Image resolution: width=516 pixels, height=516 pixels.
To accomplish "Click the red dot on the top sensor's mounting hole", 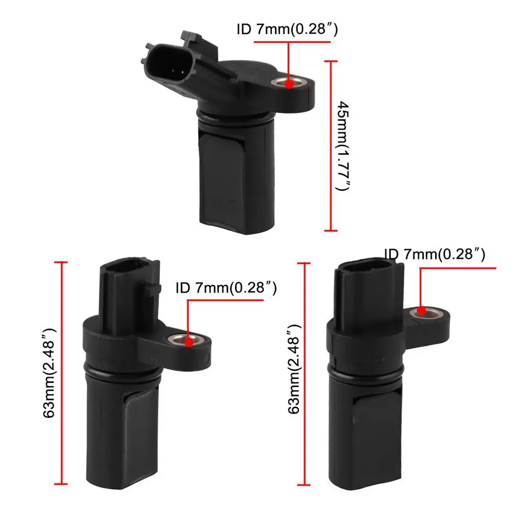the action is tap(289, 84).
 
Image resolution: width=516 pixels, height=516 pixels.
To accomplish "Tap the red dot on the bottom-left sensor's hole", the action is tap(189, 342).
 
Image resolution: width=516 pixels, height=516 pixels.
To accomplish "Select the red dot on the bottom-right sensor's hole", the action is tap(421, 310).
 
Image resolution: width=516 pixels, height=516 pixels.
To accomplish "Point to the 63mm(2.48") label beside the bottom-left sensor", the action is tap(48, 373).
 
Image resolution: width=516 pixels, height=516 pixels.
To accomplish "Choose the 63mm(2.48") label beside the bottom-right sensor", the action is tap(294, 369).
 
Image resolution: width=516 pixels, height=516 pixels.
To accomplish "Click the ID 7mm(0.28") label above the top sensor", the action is tap(287, 29).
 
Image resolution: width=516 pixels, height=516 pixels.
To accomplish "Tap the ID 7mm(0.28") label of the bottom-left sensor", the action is tap(226, 288).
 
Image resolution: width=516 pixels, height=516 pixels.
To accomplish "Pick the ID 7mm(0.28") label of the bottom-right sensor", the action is tap(435, 254).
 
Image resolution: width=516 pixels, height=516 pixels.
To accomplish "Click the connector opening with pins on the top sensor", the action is tap(167, 63).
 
